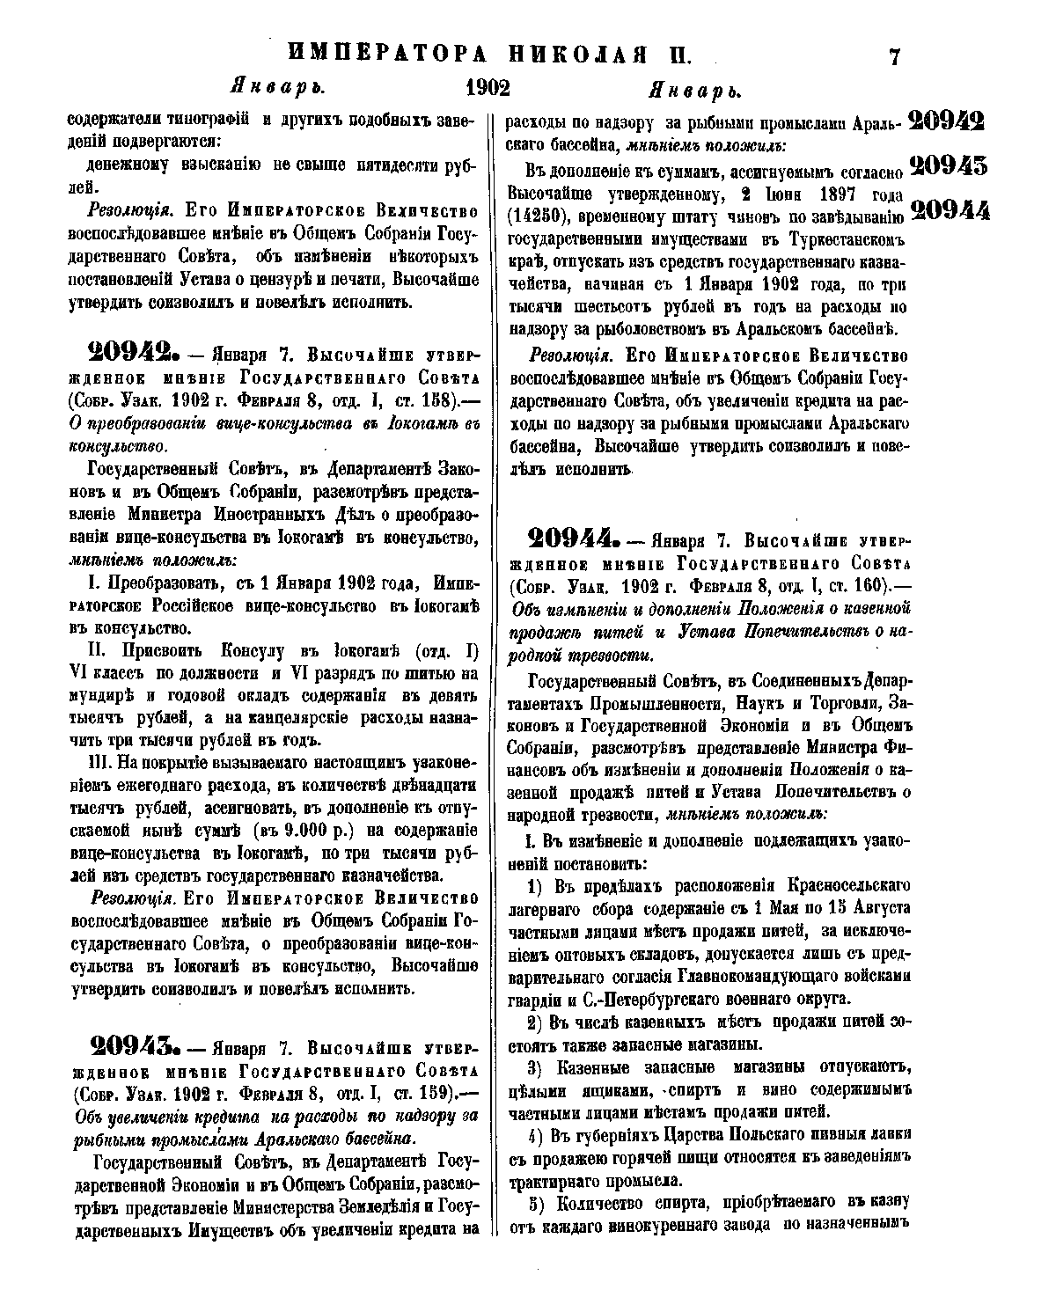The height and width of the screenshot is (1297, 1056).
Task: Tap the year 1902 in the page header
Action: coord(488,89)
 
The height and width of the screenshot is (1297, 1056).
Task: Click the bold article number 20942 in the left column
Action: coord(134,355)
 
